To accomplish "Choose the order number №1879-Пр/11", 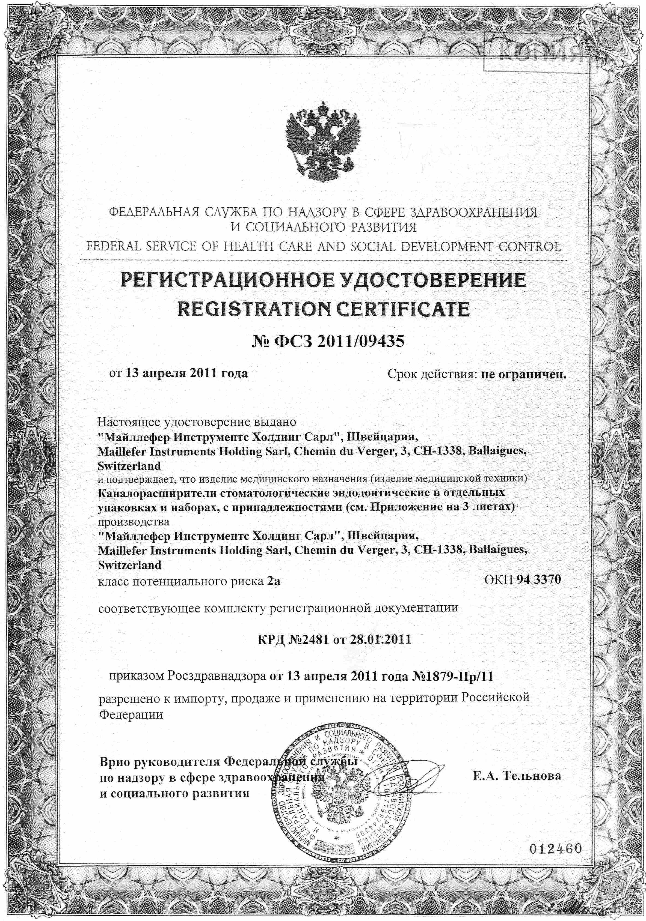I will (452, 677).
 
